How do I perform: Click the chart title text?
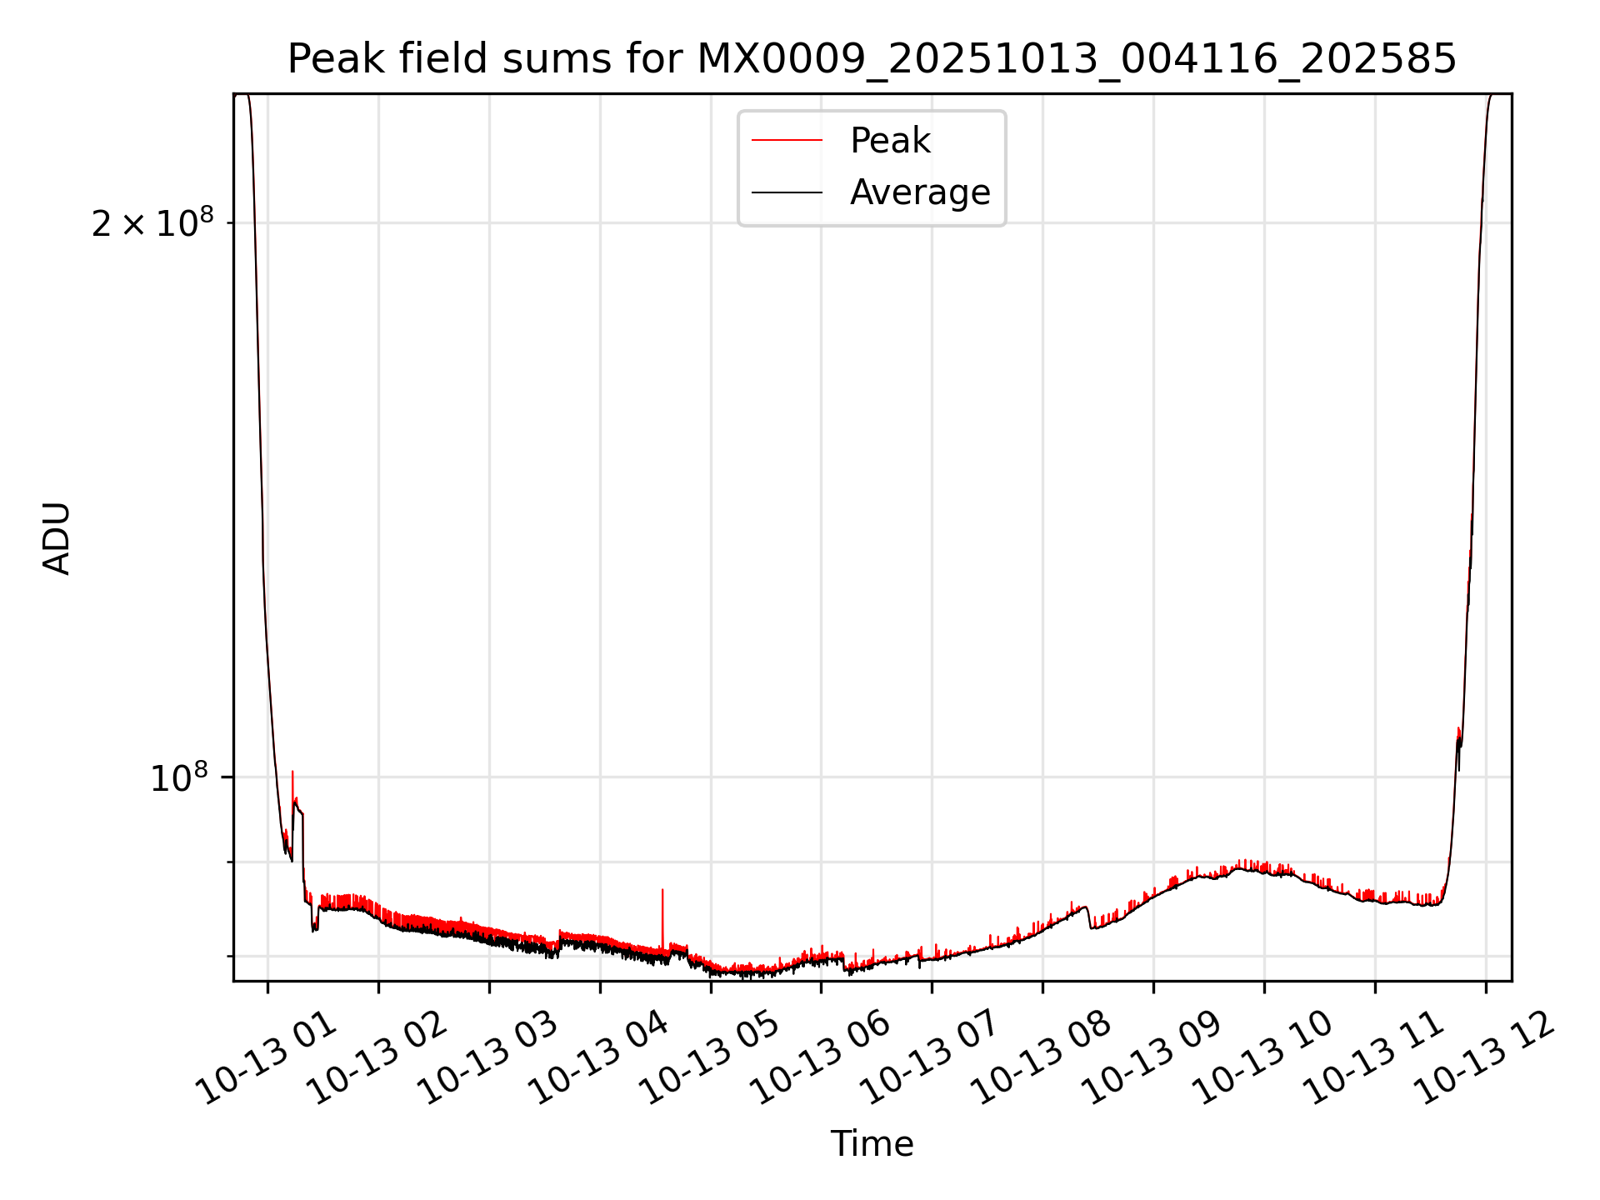tap(872, 59)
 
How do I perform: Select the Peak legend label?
tap(889, 141)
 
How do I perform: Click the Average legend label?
tap(920, 192)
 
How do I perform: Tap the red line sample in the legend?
tap(787, 141)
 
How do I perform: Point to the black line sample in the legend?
tap(787, 192)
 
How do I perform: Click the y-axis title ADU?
tap(57, 537)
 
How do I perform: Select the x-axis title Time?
tap(872, 1144)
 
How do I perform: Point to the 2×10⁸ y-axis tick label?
tap(152, 222)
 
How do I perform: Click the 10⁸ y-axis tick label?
tap(178, 777)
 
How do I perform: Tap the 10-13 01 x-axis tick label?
tap(267, 1060)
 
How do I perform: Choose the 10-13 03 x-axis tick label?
tap(488, 1060)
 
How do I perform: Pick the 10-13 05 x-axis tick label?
tap(710, 1060)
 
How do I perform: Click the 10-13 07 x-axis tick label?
tap(931, 1060)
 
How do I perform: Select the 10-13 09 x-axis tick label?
tap(1152, 1060)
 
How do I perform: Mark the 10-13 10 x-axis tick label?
tap(1263, 1060)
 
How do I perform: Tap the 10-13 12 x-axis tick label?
tap(1485, 1060)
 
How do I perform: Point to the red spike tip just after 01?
tap(292, 773)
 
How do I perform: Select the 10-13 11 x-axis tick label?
tap(1374, 1060)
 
